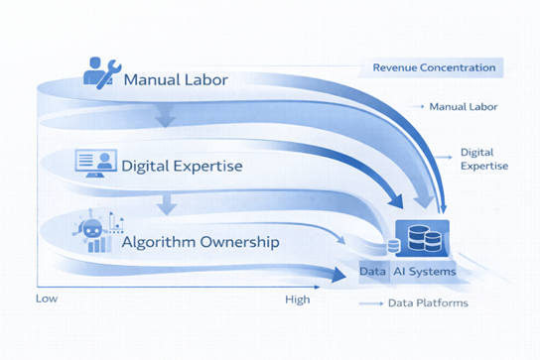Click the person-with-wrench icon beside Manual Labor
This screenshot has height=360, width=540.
coord(101,71)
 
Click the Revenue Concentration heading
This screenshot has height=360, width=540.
coord(434,67)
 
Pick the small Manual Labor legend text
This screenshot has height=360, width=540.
coord(464,106)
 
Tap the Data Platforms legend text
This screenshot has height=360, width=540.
coord(428,302)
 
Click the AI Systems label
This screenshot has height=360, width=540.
coord(424,271)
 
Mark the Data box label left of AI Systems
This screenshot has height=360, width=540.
coord(372,271)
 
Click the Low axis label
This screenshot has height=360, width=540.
coord(46,299)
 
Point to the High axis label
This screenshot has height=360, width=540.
coord(297,299)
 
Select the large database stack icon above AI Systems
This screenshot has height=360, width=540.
coord(422,238)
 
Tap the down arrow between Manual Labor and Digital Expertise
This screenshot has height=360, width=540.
coord(166,120)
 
